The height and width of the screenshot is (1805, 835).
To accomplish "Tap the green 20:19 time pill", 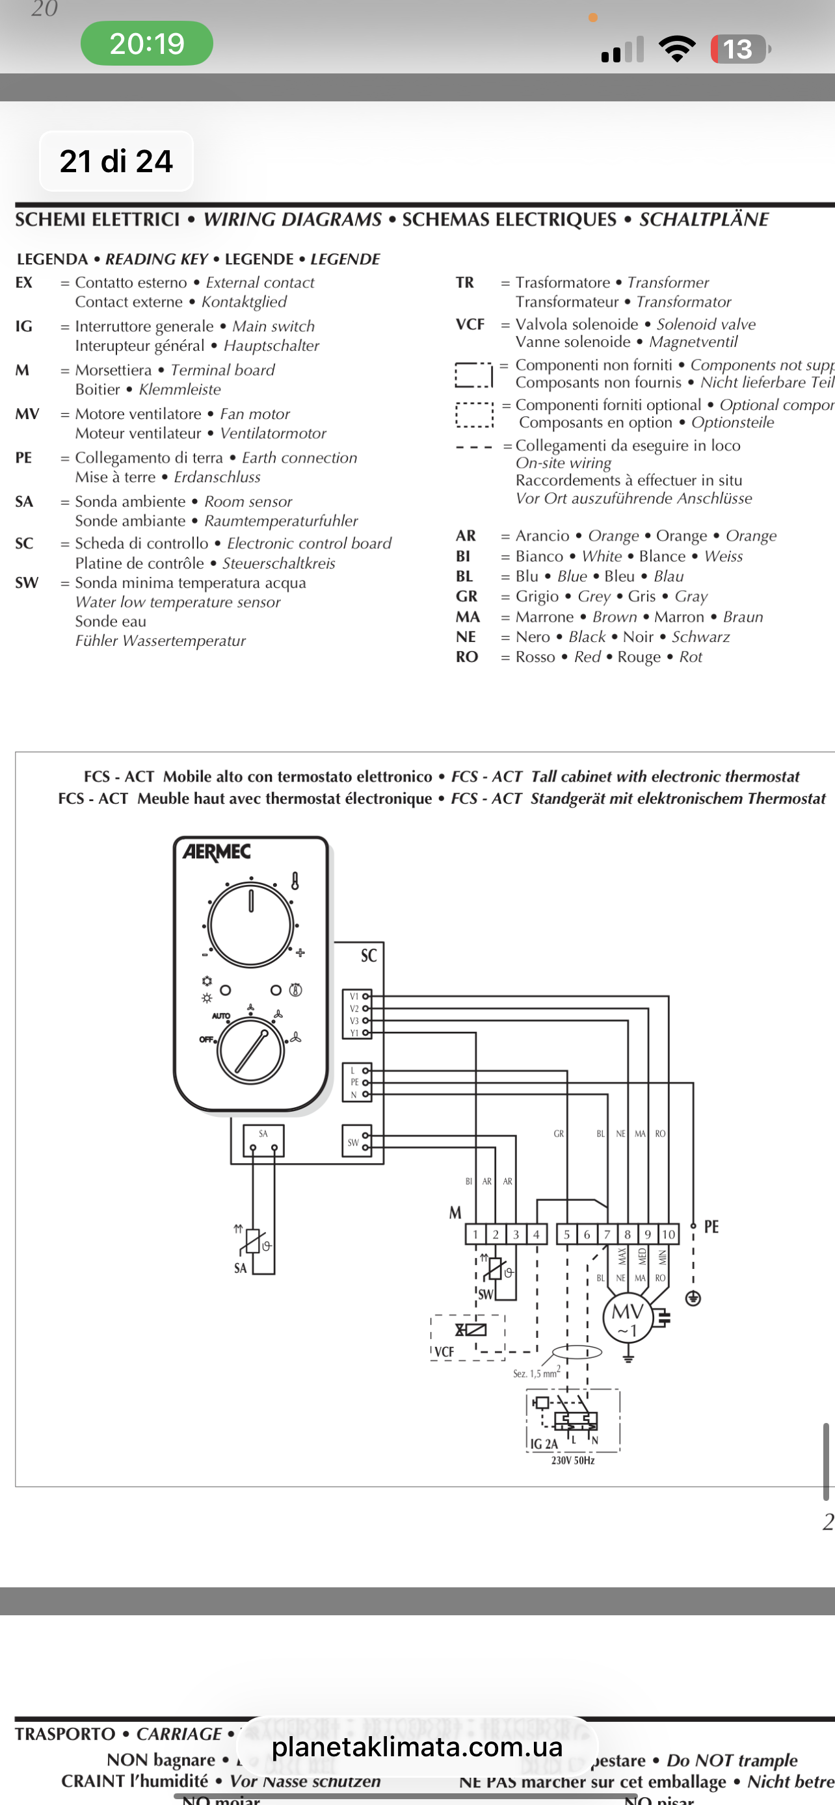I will pyautogui.click(x=146, y=44).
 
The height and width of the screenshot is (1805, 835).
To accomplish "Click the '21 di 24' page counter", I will pyautogui.click(x=116, y=161).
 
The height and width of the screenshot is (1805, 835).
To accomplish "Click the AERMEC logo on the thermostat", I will pyautogui.click(x=217, y=852).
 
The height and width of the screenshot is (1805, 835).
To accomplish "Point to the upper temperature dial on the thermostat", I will pyautogui.click(x=250, y=925).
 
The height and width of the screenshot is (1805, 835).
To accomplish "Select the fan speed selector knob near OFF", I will pyautogui.click(x=250, y=1052).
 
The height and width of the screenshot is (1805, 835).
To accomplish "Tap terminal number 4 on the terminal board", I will pyautogui.click(x=537, y=1234).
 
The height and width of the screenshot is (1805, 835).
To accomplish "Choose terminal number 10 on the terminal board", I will pyautogui.click(x=668, y=1234).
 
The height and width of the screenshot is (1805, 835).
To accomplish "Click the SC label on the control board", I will pyautogui.click(x=369, y=956).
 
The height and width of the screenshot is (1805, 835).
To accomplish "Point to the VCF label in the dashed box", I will pyautogui.click(x=445, y=1351).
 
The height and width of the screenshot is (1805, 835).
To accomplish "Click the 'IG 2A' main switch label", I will pyautogui.click(x=544, y=1444).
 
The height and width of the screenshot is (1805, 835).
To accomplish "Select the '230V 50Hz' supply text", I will pyautogui.click(x=573, y=1460).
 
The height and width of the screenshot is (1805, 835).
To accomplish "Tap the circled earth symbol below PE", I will pyautogui.click(x=693, y=1298).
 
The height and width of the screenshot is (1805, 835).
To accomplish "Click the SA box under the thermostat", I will pyautogui.click(x=263, y=1140).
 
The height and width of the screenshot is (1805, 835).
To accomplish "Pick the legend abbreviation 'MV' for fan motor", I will pyautogui.click(x=27, y=414).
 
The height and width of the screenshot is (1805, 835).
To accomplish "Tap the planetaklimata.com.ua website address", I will pyautogui.click(x=417, y=1747).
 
